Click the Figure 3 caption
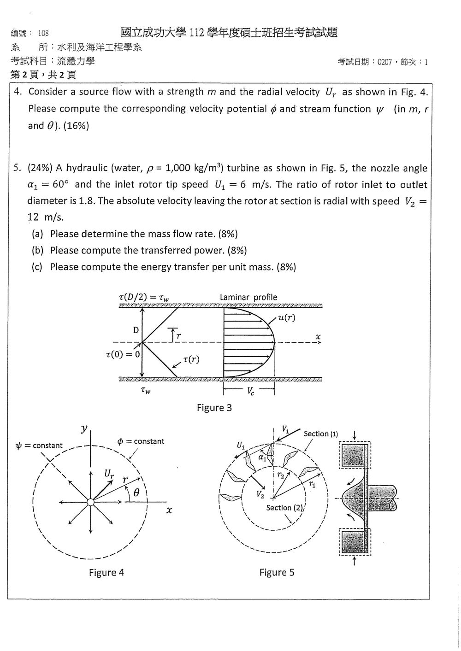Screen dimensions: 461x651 point(214,408)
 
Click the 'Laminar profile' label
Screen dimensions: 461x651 point(248,297)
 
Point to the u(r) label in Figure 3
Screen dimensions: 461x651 point(287,317)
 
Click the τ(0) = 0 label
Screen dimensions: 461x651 point(123,354)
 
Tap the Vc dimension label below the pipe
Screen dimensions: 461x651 point(250,392)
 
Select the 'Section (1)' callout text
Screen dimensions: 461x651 point(321,434)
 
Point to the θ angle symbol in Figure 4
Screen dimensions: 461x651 point(136,492)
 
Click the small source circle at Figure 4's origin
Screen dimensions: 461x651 point(90,502)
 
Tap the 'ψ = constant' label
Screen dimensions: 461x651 point(39,446)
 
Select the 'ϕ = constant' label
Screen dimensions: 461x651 point(141,441)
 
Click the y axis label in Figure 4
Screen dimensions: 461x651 point(84,428)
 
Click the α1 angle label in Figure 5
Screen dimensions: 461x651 point(262,458)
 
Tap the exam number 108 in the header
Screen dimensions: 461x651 point(43,33)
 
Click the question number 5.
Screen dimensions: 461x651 point(17,168)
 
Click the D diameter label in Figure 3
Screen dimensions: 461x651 point(136,330)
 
